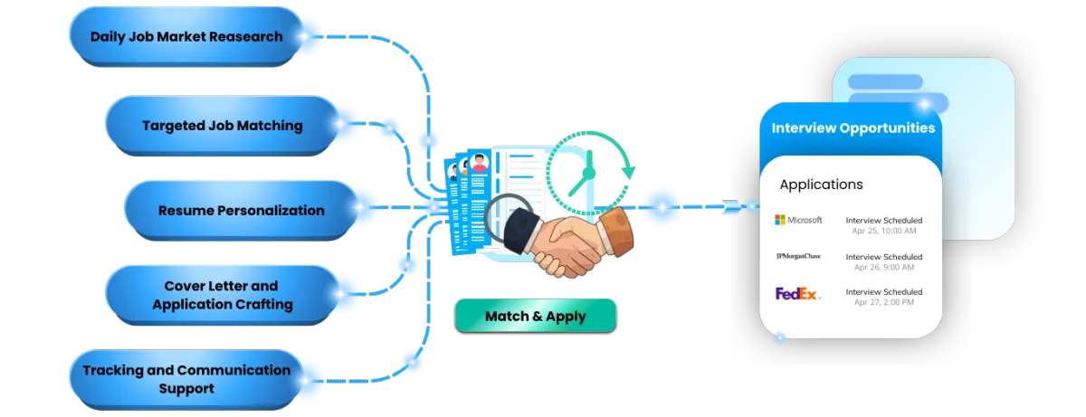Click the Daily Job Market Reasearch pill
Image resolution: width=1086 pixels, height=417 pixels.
[186, 37]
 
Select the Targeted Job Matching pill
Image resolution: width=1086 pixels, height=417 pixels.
[222, 126]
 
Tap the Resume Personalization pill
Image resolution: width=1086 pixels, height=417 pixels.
[241, 211]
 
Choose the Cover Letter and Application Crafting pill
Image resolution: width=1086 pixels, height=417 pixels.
[222, 295]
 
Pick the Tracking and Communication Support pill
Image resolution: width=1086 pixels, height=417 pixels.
[186, 379]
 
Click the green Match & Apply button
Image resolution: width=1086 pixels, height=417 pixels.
[535, 317]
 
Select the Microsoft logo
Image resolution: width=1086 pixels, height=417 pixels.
[798, 220]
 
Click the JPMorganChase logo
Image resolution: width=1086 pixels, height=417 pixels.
[798, 257]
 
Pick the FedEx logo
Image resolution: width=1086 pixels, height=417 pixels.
[797, 293]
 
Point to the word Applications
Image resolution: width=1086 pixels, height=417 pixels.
[821, 185]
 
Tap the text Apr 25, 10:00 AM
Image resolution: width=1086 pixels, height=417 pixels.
[883, 231]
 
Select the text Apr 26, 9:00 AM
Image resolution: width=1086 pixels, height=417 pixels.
[883, 268]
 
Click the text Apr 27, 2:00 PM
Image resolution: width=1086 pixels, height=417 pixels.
[883, 302]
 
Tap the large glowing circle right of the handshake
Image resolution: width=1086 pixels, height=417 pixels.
[662, 207]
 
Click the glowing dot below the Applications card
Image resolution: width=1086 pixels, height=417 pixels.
[780, 339]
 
